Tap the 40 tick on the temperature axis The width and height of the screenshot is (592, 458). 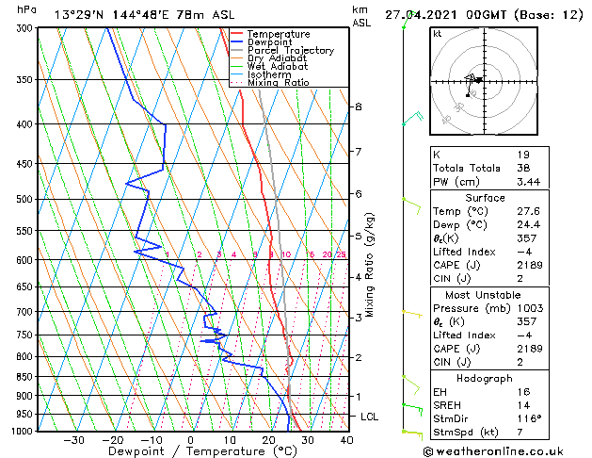(346, 439)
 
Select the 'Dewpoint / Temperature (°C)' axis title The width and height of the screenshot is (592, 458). (191, 451)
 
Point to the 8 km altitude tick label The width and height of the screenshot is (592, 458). (358, 107)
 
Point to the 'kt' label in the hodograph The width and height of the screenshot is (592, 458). (437, 33)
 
